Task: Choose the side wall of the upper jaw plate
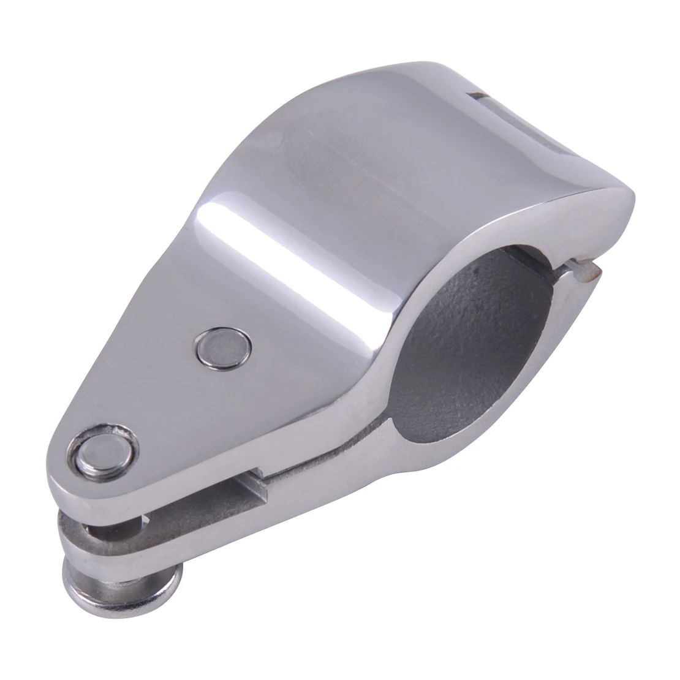(184, 484)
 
